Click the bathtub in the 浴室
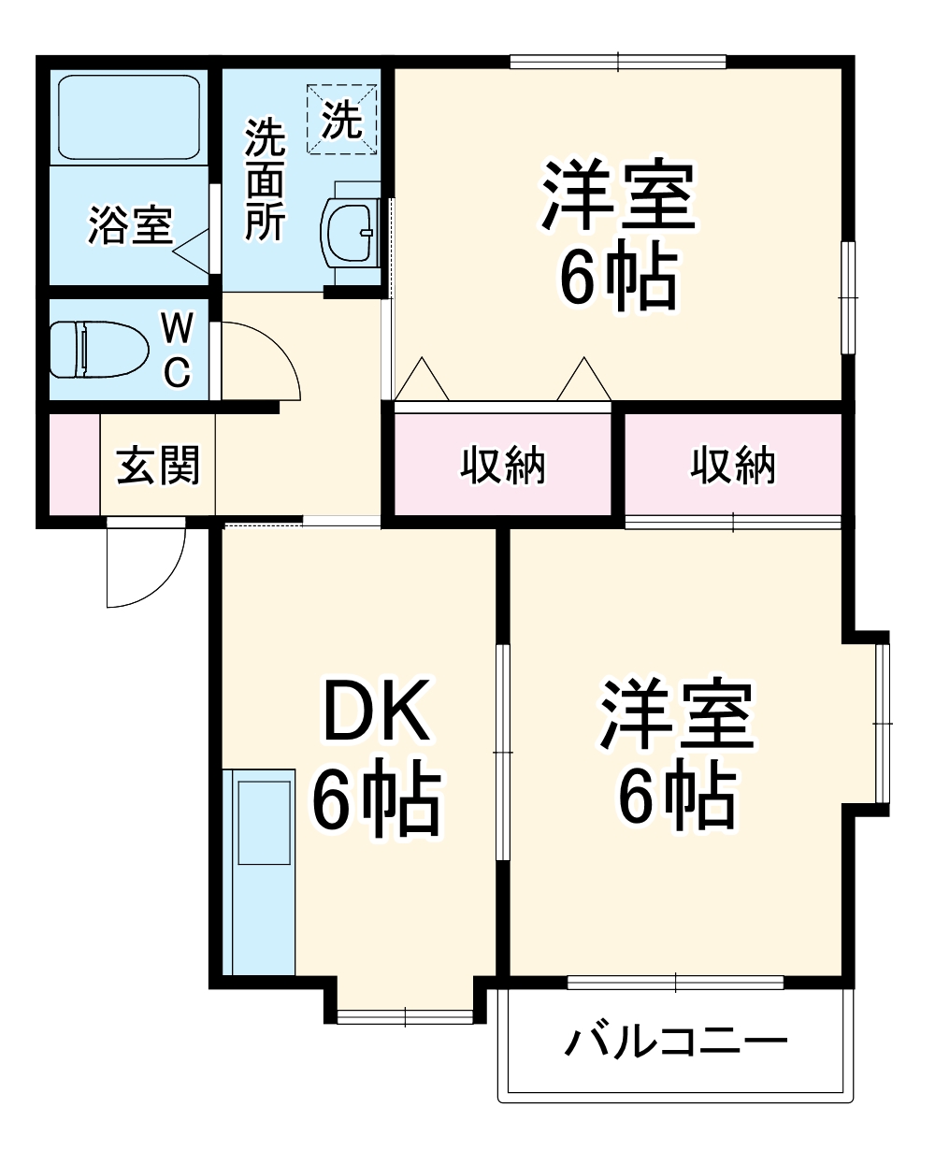click(129, 117)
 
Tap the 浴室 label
click(130, 226)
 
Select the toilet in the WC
click(98, 350)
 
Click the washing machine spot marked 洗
click(342, 120)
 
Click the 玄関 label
click(158, 465)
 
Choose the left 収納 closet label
click(503, 465)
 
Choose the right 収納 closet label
click(734, 465)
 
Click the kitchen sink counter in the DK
click(261, 870)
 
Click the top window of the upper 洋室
click(618, 63)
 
